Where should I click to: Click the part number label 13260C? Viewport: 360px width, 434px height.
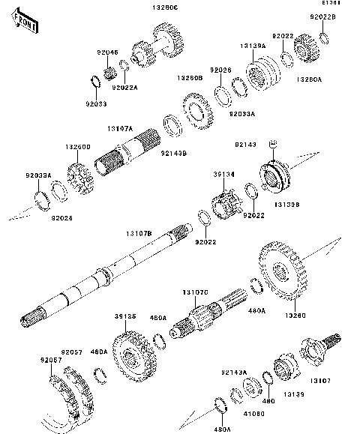(x=167, y=8)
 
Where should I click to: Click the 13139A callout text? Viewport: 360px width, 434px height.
(x=253, y=46)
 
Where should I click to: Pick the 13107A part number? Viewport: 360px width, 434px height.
(x=119, y=129)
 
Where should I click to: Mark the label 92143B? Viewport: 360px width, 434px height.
(x=174, y=153)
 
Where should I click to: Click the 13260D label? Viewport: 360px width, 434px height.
(x=78, y=146)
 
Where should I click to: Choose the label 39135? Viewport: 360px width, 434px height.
(x=125, y=316)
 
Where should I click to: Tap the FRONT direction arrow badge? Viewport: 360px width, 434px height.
(x=26, y=24)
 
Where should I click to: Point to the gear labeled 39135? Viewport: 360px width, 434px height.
(x=136, y=359)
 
